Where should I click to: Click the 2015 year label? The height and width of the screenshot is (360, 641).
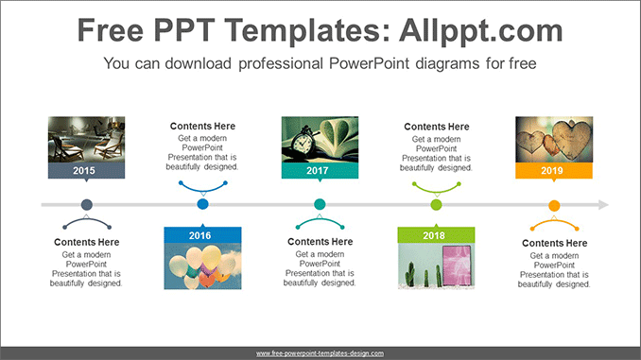86,171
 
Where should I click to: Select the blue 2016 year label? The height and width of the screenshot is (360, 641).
202,235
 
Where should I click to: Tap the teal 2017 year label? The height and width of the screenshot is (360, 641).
320,171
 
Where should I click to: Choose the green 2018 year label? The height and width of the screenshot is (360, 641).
436,235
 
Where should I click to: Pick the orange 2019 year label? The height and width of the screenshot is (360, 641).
553,171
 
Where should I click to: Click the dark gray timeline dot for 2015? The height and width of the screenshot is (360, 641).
87,204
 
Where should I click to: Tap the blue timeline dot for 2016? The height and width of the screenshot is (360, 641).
202,204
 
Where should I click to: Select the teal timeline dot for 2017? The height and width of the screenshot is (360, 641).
320,204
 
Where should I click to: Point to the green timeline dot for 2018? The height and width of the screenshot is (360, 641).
436,204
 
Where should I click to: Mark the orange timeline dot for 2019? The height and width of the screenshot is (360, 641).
554,205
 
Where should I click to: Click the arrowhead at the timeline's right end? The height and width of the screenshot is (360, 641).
602,204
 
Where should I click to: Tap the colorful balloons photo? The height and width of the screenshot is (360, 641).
202,266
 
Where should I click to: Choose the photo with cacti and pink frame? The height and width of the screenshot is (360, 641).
436,266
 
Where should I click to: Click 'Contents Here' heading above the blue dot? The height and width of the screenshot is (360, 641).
202,127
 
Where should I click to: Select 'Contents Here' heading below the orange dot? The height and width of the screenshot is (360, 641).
554,243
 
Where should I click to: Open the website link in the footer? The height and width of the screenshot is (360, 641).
320,353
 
